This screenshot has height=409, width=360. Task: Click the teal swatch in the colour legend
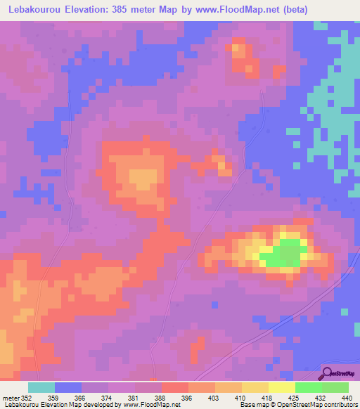pos(41,387)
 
